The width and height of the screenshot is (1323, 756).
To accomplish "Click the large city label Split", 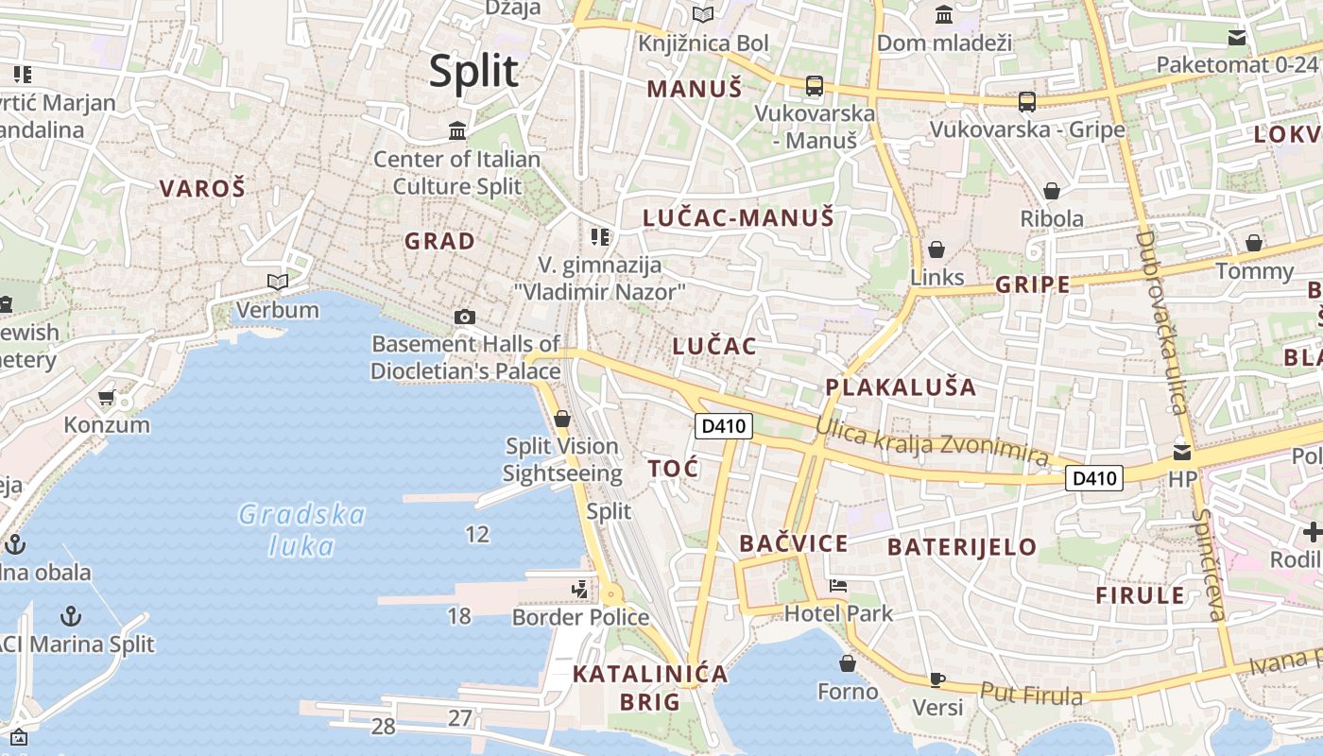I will pos(474,72).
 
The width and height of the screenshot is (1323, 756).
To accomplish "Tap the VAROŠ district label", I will pos(202,188).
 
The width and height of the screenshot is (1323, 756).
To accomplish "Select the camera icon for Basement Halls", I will pos(464,317).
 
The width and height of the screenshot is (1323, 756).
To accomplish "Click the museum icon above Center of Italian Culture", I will pos(458,129).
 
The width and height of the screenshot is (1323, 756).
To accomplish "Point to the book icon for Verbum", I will pos(277,282).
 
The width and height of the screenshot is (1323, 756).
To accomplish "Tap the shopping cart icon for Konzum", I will pos(107,398).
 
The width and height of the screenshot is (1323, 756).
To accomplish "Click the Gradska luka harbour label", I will pos(301,530).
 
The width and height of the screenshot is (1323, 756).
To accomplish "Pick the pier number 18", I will pos(459,616).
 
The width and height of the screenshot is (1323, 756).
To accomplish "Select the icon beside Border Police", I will pos(579,590).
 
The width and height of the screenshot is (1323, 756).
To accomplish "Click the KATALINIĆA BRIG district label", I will pos(650,688).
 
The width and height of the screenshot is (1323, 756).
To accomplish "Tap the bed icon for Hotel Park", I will pos(837,586).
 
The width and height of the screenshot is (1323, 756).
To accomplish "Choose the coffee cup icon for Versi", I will pos(936,679).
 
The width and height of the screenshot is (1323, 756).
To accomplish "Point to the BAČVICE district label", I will pos(794,543).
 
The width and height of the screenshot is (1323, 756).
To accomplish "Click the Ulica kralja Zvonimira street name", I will pos(933,443).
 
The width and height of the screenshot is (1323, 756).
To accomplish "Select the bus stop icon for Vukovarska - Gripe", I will pos(1027,101).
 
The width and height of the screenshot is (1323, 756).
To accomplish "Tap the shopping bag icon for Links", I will pos(936,249).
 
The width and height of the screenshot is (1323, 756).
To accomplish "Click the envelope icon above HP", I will pos(1182,452).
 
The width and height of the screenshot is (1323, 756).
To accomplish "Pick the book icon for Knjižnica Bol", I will pos(702,14).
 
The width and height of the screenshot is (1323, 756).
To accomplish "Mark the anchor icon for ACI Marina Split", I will pos(71,617).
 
